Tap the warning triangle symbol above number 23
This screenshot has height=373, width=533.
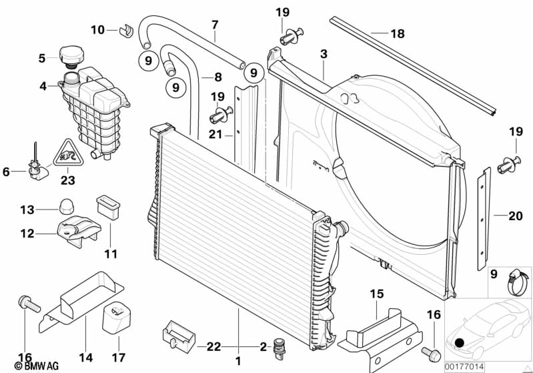67,155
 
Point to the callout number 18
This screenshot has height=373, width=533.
398,33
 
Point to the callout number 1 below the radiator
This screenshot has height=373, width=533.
236,361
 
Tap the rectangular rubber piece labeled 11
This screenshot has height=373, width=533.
107,207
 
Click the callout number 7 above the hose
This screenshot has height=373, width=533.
215,25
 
